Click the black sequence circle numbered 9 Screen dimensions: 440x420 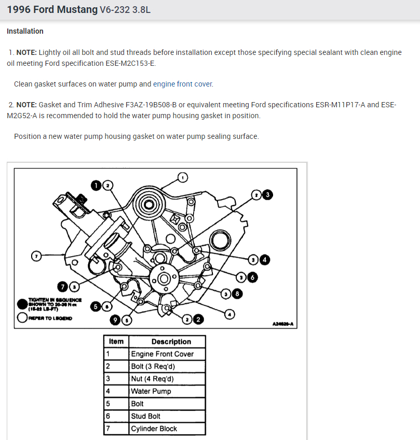click(116, 320)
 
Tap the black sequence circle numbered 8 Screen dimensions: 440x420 click(237, 294)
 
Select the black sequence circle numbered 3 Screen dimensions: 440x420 click(267, 194)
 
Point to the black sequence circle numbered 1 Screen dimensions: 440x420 click(97, 184)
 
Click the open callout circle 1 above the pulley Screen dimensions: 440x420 click(182, 178)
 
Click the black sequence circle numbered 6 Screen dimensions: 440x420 click(252, 277)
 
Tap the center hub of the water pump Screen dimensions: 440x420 click(164, 278)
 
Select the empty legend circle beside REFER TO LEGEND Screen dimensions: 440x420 click(22, 318)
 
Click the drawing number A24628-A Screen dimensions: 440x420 click(282, 324)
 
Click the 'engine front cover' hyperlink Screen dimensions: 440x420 click(183, 84)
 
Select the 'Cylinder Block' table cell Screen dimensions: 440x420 click(154, 429)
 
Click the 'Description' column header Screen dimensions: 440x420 click(171, 342)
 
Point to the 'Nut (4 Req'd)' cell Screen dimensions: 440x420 click(152, 379)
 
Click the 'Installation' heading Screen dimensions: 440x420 click(25, 31)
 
